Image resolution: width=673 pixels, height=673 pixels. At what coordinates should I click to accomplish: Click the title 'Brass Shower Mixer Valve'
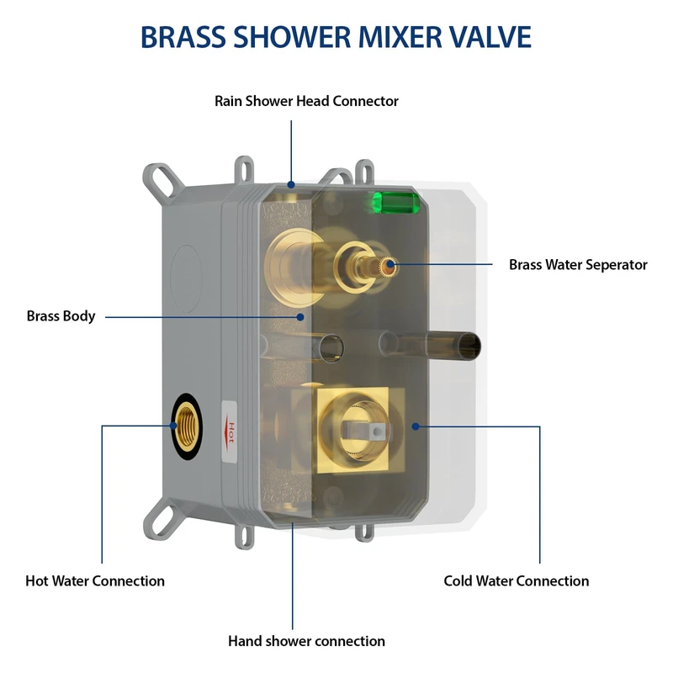point(336,38)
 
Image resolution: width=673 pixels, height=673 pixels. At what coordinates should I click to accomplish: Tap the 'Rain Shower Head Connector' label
point(306,101)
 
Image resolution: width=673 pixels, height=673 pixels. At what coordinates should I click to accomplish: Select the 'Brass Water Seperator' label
point(578,264)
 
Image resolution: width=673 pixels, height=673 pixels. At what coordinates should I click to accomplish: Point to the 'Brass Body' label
point(61,316)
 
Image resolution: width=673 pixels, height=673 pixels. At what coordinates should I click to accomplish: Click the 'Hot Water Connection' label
point(95,580)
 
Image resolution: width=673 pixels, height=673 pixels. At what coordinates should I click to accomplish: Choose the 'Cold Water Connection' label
point(517,580)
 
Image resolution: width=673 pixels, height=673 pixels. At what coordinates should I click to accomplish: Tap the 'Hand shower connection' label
point(306,641)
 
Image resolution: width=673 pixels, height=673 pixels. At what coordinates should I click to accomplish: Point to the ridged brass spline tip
point(388,268)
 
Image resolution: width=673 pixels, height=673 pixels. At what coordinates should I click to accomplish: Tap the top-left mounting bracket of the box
point(159,180)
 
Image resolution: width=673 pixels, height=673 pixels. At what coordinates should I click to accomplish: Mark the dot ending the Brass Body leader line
point(301,317)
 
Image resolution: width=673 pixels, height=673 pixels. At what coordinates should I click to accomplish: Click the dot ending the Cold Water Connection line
point(414,427)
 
